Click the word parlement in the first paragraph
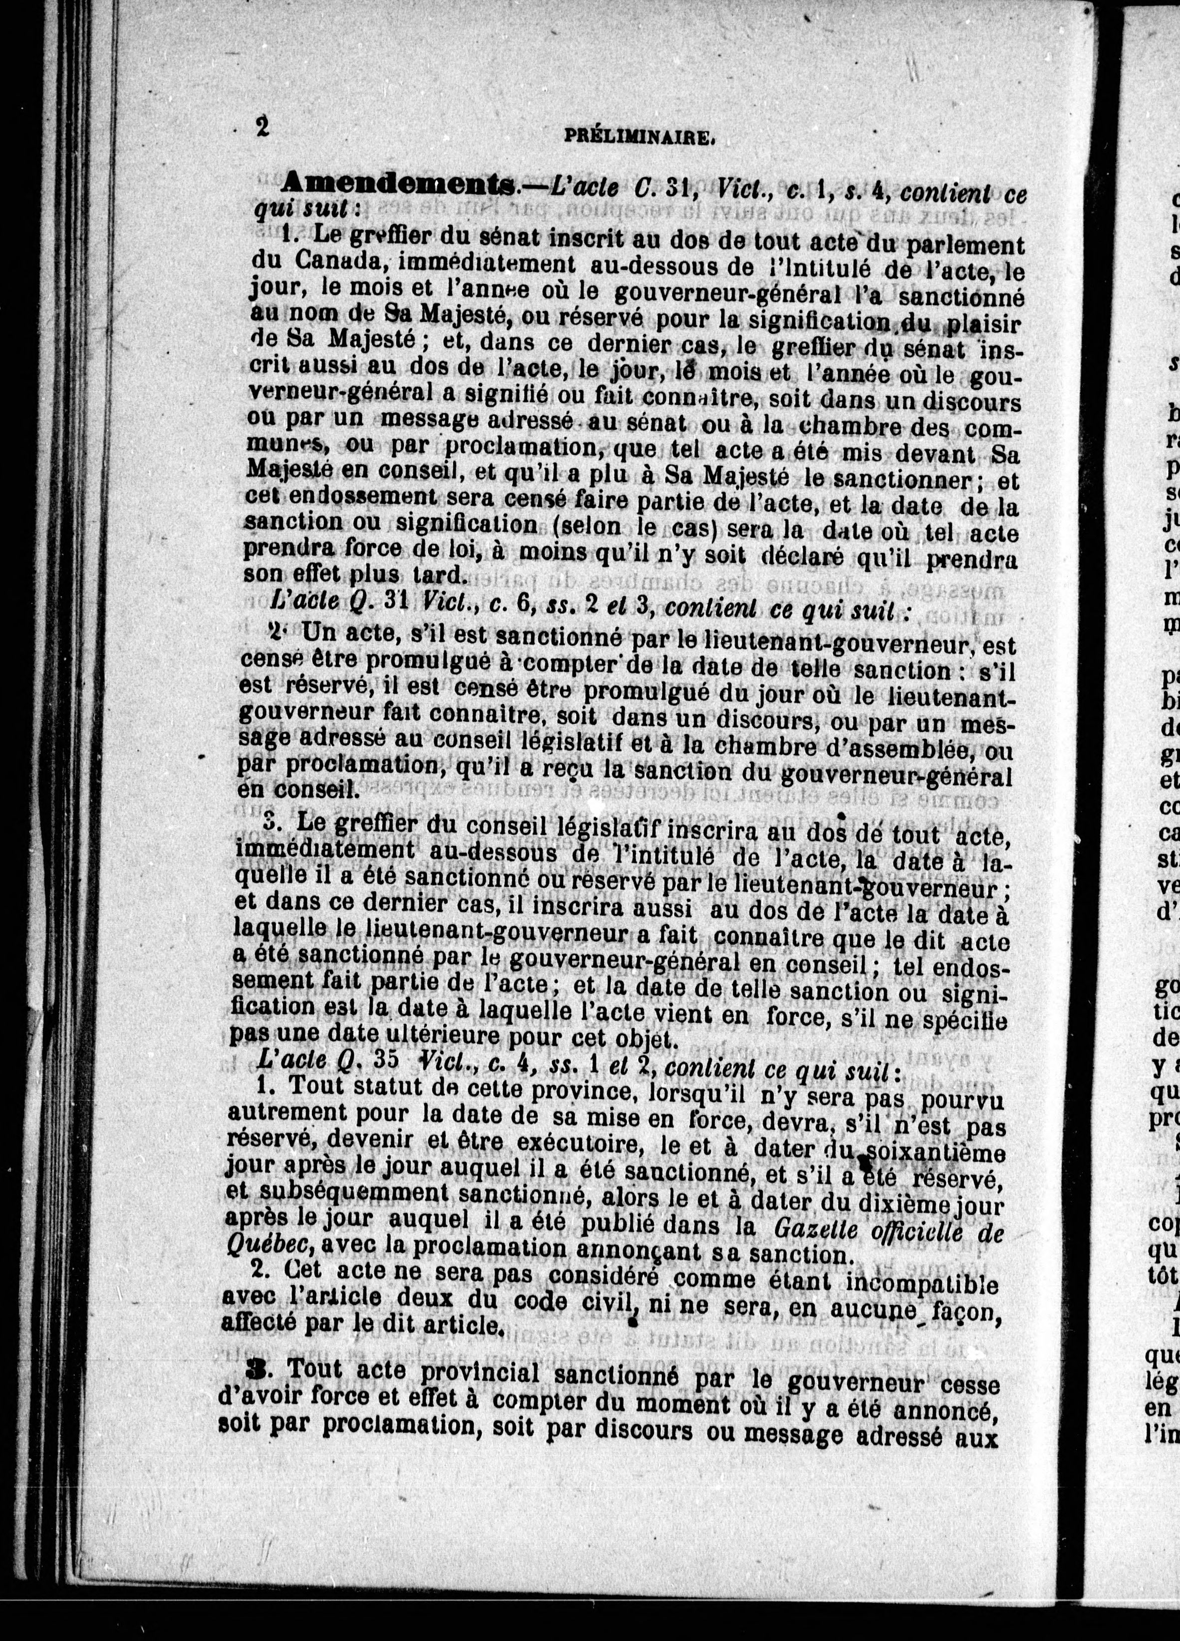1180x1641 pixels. coord(966,245)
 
